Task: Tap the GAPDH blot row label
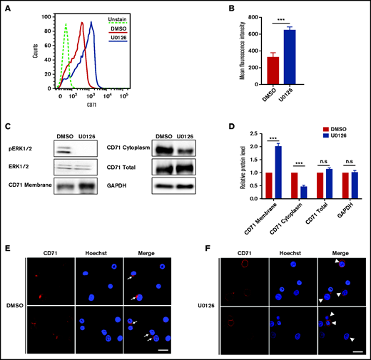point(163,187)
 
